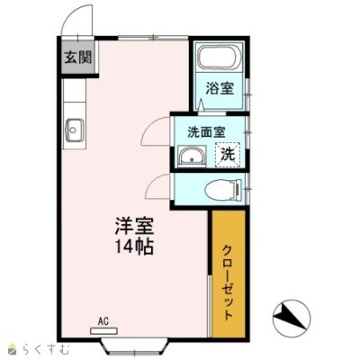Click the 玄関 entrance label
point(78,57)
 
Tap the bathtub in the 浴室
point(219,58)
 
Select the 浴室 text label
point(220,88)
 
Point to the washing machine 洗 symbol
point(228,155)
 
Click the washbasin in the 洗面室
point(192,156)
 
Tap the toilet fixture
point(223,189)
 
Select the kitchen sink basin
point(74,130)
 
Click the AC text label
point(103,321)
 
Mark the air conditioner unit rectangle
point(104,330)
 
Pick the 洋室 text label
point(134,226)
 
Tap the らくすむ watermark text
point(46,349)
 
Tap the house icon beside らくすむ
point(13,349)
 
